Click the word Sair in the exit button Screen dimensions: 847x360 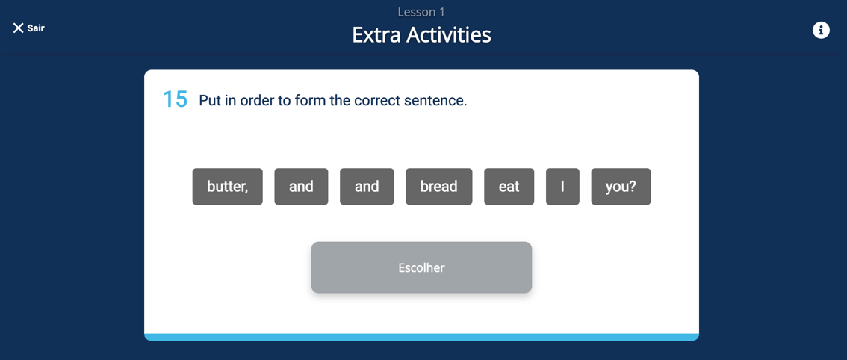coord(36,28)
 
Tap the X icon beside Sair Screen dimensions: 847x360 coord(18,28)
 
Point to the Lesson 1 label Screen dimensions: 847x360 coord(421,12)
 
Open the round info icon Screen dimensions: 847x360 coord(821,31)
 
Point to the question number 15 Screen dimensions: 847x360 coord(175,100)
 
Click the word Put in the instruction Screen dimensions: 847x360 coord(209,101)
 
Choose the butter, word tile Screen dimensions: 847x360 coord(227,187)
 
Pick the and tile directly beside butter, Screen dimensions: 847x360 coord(301,187)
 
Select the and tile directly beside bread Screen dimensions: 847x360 coord(367,187)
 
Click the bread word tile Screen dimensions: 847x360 coord(438,187)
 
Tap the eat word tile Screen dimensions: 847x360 coord(509,187)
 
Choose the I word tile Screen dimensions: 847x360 coord(562,187)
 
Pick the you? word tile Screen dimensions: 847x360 coord(621,187)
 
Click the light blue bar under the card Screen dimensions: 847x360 coord(421,338)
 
